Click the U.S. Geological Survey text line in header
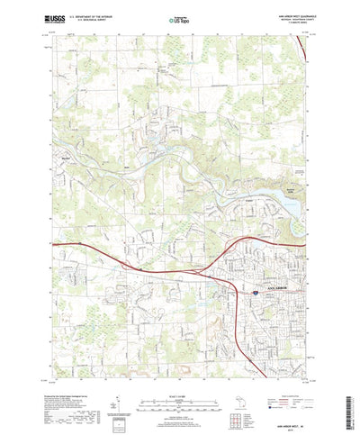click(88, 20)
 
